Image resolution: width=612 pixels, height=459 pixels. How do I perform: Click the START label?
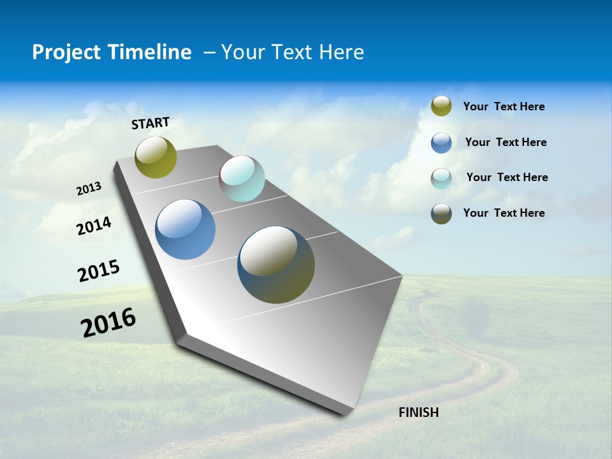click(x=150, y=123)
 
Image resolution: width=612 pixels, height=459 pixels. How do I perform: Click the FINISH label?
click(x=418, y=412)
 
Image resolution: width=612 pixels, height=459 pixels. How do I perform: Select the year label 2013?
click(x=89, y=189)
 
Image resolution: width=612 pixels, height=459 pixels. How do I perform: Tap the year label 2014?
click(x=94, y=226)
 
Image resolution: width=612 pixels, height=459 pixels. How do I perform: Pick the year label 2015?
click(x=99, y=271)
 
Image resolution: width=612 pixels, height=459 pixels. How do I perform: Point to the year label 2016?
click(x=108, y=323)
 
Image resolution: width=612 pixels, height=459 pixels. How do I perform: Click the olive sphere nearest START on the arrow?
click(x=156, y=157)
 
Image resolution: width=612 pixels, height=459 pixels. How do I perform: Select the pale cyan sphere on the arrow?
click(x=242, y=178)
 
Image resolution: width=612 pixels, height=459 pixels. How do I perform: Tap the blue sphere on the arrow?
click(x=185, y=229)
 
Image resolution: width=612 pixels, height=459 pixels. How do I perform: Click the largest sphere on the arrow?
click(x=276, y=265)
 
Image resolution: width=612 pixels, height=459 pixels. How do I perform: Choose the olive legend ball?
click(x=441, y=106)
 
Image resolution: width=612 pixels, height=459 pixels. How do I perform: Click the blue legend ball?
click(x=441, y=143)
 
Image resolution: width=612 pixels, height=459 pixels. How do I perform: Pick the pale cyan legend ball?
click(x=441, y=178)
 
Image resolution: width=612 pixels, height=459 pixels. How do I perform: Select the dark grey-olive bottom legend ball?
click(x=441, y=214)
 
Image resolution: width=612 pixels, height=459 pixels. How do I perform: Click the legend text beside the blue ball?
click(x=506, y=142)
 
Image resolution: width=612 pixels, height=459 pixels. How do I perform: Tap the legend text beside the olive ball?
click(x=504, y=106)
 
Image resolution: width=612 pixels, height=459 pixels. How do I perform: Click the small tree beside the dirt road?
click(x=475, y=317)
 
